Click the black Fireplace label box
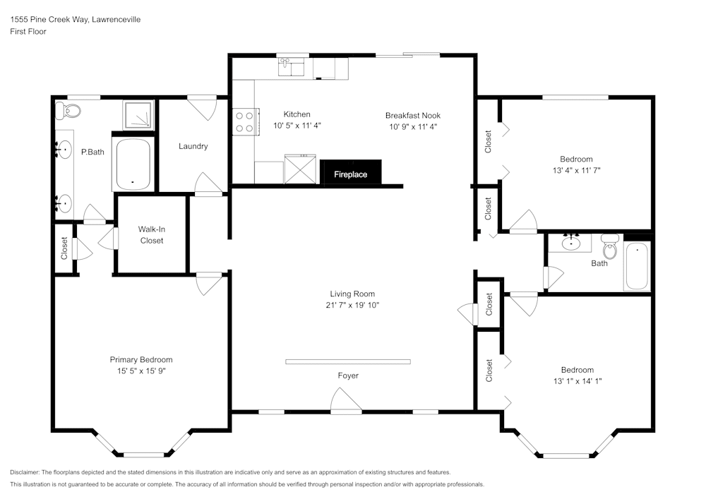click(x=351, y=174)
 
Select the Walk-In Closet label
click(x=151, y=235)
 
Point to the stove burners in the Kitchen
click(x=244, y=121)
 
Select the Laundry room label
click(x=193, y=146)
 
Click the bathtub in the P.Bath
click(x=132, y=164)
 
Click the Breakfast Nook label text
click(x=413, y=115)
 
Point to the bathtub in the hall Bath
click(x=637, y=266)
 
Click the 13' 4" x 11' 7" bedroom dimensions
click(x=576, y=170)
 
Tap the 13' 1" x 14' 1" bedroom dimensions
click(x=577, y=380)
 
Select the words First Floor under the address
click(x=28, y=32)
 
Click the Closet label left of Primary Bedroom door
click(x=64, y=248)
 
